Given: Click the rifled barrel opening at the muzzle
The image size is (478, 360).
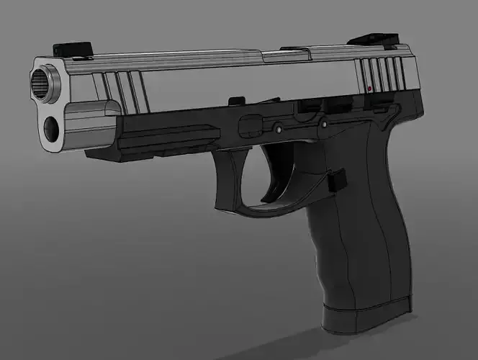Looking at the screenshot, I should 44,84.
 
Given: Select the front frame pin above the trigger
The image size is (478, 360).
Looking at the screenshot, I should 277,129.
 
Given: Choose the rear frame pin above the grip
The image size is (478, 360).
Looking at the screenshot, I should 323,124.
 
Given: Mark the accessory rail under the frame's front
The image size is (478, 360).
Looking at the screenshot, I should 169,137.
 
